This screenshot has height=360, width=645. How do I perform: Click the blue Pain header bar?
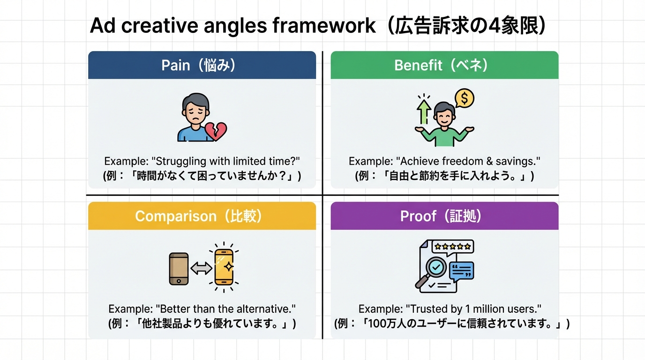point(202,65)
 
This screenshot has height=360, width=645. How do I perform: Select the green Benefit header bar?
point(444,65)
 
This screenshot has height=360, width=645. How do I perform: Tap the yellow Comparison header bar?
point(202,216)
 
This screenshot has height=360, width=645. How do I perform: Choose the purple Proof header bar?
point(444,216)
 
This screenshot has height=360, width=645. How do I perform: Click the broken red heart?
point(216,131)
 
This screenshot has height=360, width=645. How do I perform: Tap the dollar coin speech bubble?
point(465,98)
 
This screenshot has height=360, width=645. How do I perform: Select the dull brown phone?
point(179,269)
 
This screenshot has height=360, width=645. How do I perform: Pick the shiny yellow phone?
point(224,267)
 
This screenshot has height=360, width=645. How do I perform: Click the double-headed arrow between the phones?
point(202,268)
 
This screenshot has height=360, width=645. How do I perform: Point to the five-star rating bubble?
point(453,247)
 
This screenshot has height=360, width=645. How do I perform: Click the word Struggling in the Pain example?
point(180,161)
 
